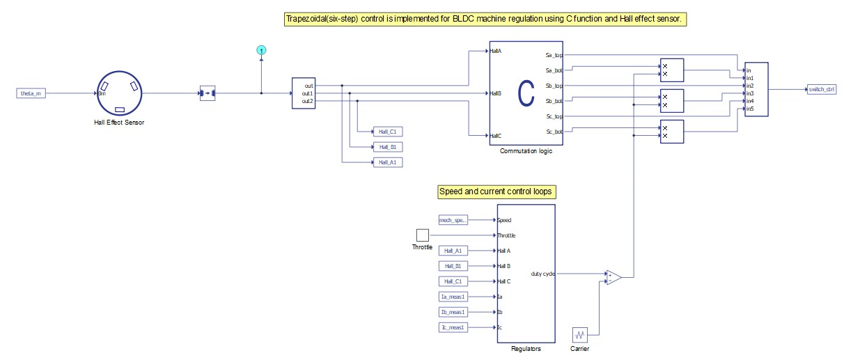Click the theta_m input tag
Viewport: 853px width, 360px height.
[x=31, y=93]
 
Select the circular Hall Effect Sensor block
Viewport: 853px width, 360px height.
[x=119, y=93]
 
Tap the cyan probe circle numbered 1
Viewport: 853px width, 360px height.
[x=261, y=50]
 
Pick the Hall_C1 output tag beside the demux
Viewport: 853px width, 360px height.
[x=387, y=131]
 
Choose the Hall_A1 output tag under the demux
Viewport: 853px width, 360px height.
[x=387, y=162]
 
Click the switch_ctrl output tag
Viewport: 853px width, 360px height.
[x=822, y=89]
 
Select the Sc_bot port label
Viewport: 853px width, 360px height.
[x=554, y=132]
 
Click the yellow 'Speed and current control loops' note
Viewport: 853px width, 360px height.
[x=496, y=191]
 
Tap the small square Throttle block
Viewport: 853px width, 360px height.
[x=422, y=235]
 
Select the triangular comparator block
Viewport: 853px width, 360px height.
[x=613, y=277]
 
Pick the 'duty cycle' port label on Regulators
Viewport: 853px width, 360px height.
[x=542, y=274]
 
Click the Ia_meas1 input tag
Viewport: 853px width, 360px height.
[x=453, y=297]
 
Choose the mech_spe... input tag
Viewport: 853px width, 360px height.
[x=453, y=220]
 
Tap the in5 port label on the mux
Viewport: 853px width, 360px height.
[x=750, y=109]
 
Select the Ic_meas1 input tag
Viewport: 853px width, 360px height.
[x=453, y=327]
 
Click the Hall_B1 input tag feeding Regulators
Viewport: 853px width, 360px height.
[x=453, y=266]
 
